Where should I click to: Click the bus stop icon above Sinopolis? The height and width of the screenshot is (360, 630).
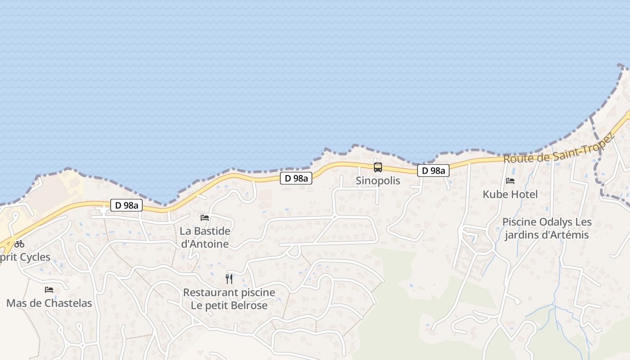click(378, 167)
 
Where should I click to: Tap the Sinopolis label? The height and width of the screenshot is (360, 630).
click(378, 181)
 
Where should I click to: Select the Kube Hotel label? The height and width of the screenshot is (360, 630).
click(510, 194)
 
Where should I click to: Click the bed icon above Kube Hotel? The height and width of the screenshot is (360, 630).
click(510, 181)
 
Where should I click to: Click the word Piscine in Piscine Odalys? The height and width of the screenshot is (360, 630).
click(518, 222)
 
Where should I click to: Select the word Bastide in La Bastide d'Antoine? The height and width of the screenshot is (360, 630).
click(212, 231)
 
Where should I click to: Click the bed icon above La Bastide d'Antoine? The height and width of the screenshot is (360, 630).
click(205, 218)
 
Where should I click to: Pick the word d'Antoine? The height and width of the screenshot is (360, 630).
click(205, 244)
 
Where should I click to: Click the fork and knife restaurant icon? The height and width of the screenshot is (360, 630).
click(229, 279)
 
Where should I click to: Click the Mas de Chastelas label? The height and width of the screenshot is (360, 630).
click(49, 303)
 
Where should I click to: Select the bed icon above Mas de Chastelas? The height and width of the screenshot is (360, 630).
click(49, 290)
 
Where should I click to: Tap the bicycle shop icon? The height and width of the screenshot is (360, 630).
click(19, 244)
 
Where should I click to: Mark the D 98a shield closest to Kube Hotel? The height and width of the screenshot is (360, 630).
click(433, 171)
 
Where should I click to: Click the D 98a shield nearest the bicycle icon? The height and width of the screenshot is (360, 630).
click(126, 206)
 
